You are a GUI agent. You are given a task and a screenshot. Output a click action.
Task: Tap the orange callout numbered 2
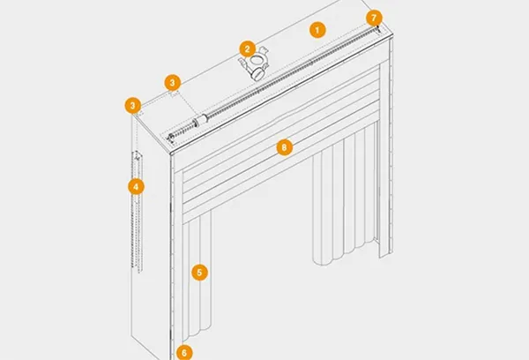click(x=248, y=49)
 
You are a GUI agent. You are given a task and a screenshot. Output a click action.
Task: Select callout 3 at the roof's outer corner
click(x=133, y=105)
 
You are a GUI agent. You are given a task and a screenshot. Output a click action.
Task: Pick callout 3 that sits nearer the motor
click(x=174, y=82)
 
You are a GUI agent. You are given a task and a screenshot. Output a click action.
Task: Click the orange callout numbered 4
click(x=135, y=186)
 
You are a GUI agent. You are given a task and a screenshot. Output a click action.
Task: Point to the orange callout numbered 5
click(x=200, y=272)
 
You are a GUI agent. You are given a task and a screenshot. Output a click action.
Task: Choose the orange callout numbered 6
click(x=183, y=352)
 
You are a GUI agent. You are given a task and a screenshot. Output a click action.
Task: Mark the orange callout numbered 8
click(x=283, y=147)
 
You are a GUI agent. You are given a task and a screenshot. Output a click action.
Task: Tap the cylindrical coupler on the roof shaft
click(x=200, y=120)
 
